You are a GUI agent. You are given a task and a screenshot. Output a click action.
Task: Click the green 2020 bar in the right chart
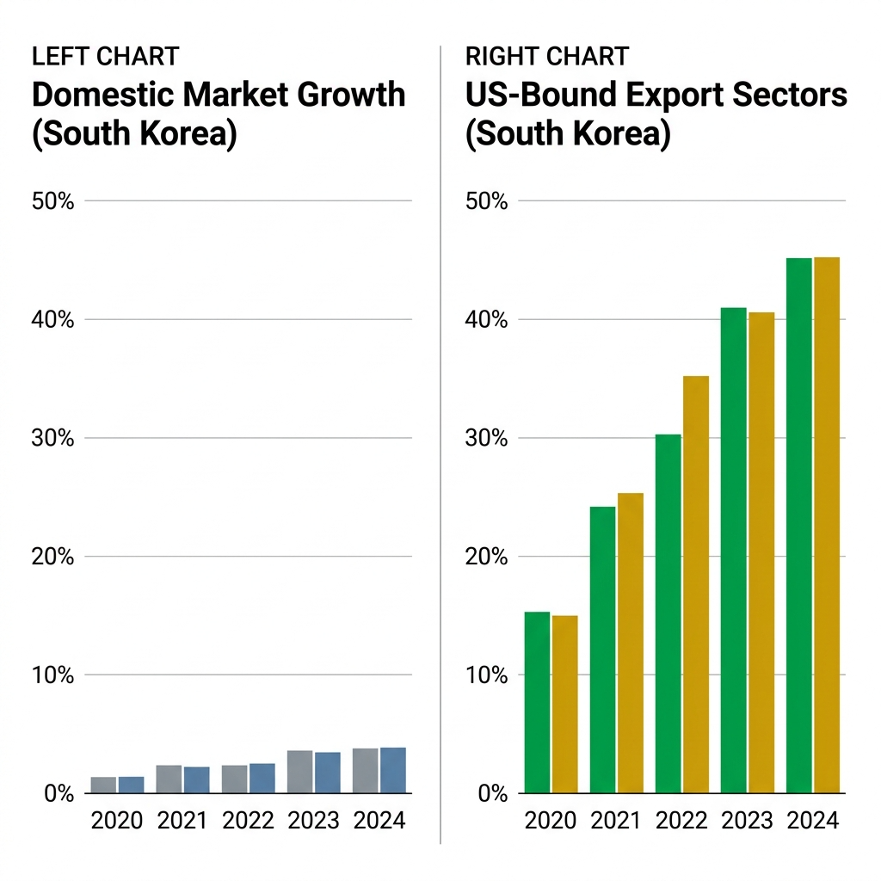click(537, 702)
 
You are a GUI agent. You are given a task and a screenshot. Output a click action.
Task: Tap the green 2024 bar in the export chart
click(798, 525)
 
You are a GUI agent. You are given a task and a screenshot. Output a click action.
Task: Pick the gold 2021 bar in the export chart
click(630, 643)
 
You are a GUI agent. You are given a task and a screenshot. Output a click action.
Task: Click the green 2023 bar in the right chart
click(733, 550)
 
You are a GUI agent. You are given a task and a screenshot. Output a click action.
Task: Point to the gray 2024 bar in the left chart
click(365, 771)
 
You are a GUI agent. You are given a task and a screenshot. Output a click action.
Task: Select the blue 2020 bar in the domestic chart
click(131, 785)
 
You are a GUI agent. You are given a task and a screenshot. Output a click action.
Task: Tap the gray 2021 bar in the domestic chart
click(169, 779)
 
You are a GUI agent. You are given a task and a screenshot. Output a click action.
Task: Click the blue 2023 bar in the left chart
click(327, 773)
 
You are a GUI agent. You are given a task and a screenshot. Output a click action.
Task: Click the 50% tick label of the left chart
click(53, 201)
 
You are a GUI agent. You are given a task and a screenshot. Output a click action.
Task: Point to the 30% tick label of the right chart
click(487, 438)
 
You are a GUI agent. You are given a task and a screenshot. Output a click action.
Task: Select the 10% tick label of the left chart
click(53, 675)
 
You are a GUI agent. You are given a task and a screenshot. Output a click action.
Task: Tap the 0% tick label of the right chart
click(491, 793)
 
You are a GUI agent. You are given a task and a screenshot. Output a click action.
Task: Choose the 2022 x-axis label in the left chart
click(248, 820)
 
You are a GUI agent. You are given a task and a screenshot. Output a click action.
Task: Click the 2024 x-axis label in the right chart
click(812, 820)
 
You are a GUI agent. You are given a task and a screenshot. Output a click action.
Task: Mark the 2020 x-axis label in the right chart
click(551, 820)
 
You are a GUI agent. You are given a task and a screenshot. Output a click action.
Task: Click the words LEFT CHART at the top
click(105, 57)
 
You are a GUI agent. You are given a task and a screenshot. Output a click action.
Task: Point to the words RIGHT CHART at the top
click(547, 57)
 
